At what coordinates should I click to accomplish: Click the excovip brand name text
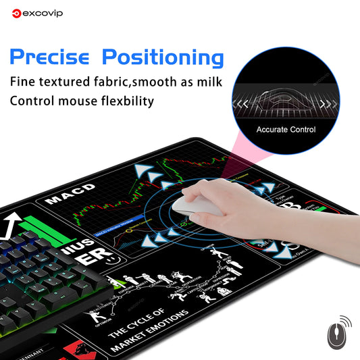[x=41, y=12]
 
